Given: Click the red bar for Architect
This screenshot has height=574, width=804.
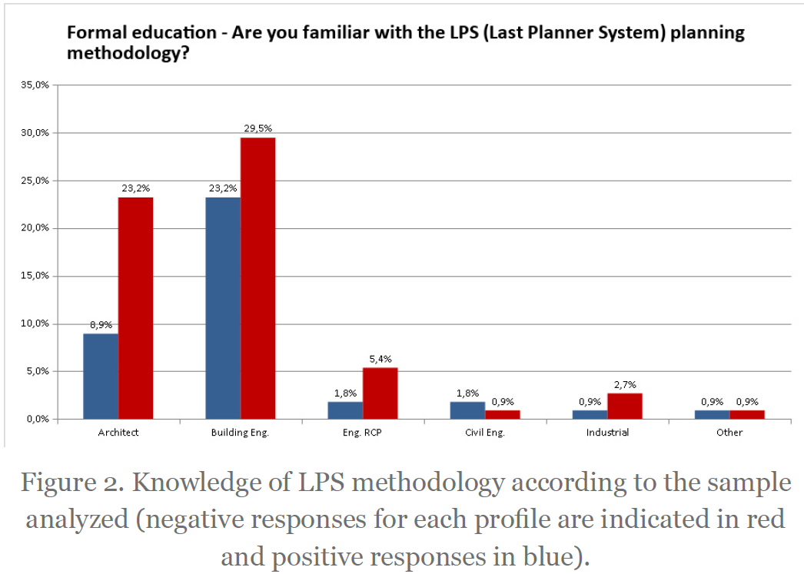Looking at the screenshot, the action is (x=135, y=308).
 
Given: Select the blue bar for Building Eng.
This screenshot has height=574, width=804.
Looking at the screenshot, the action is (x=223, y=308).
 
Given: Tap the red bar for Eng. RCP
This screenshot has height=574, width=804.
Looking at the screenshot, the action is (x=380, y=393).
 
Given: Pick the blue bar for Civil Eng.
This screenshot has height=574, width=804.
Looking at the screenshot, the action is (x=467, y=410).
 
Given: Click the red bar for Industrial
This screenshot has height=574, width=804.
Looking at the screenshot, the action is (x=625, y=406).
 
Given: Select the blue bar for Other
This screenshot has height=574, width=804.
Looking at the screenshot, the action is (x=713, y=415).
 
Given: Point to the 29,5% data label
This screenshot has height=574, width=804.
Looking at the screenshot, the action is (x=258, y=128).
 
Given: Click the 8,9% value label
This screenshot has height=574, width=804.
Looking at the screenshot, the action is (x=101, y=324).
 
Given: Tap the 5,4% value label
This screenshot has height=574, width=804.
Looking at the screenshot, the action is (x=380, y=359).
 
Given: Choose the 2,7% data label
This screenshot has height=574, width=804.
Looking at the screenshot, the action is (x=625, y=384).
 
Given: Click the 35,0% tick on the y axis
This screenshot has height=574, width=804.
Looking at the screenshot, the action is (x=35, y=85).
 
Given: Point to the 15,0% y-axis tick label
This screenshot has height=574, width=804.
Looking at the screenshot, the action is (x=35, y=276).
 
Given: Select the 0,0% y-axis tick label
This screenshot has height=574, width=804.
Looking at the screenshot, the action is (x=37, y=420).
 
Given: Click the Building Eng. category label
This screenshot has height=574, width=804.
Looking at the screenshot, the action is (x=240, y=433).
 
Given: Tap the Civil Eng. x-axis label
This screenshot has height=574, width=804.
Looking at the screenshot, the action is (x=485, y=433).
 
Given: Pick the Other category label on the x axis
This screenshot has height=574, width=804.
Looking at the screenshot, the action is (x=729, y=433).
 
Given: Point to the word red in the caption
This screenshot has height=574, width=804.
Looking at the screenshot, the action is (x=766, y=519).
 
